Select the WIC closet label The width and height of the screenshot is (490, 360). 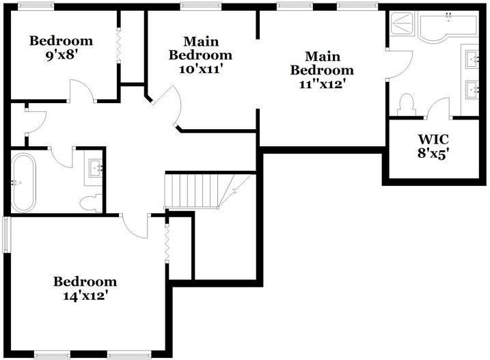point(433,139)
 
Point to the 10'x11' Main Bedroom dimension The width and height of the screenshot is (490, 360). point(200,68)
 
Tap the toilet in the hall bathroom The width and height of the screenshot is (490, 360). point(90,203)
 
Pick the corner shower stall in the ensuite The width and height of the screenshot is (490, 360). point(403,25)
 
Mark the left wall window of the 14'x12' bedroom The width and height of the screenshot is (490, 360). point(6,234)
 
